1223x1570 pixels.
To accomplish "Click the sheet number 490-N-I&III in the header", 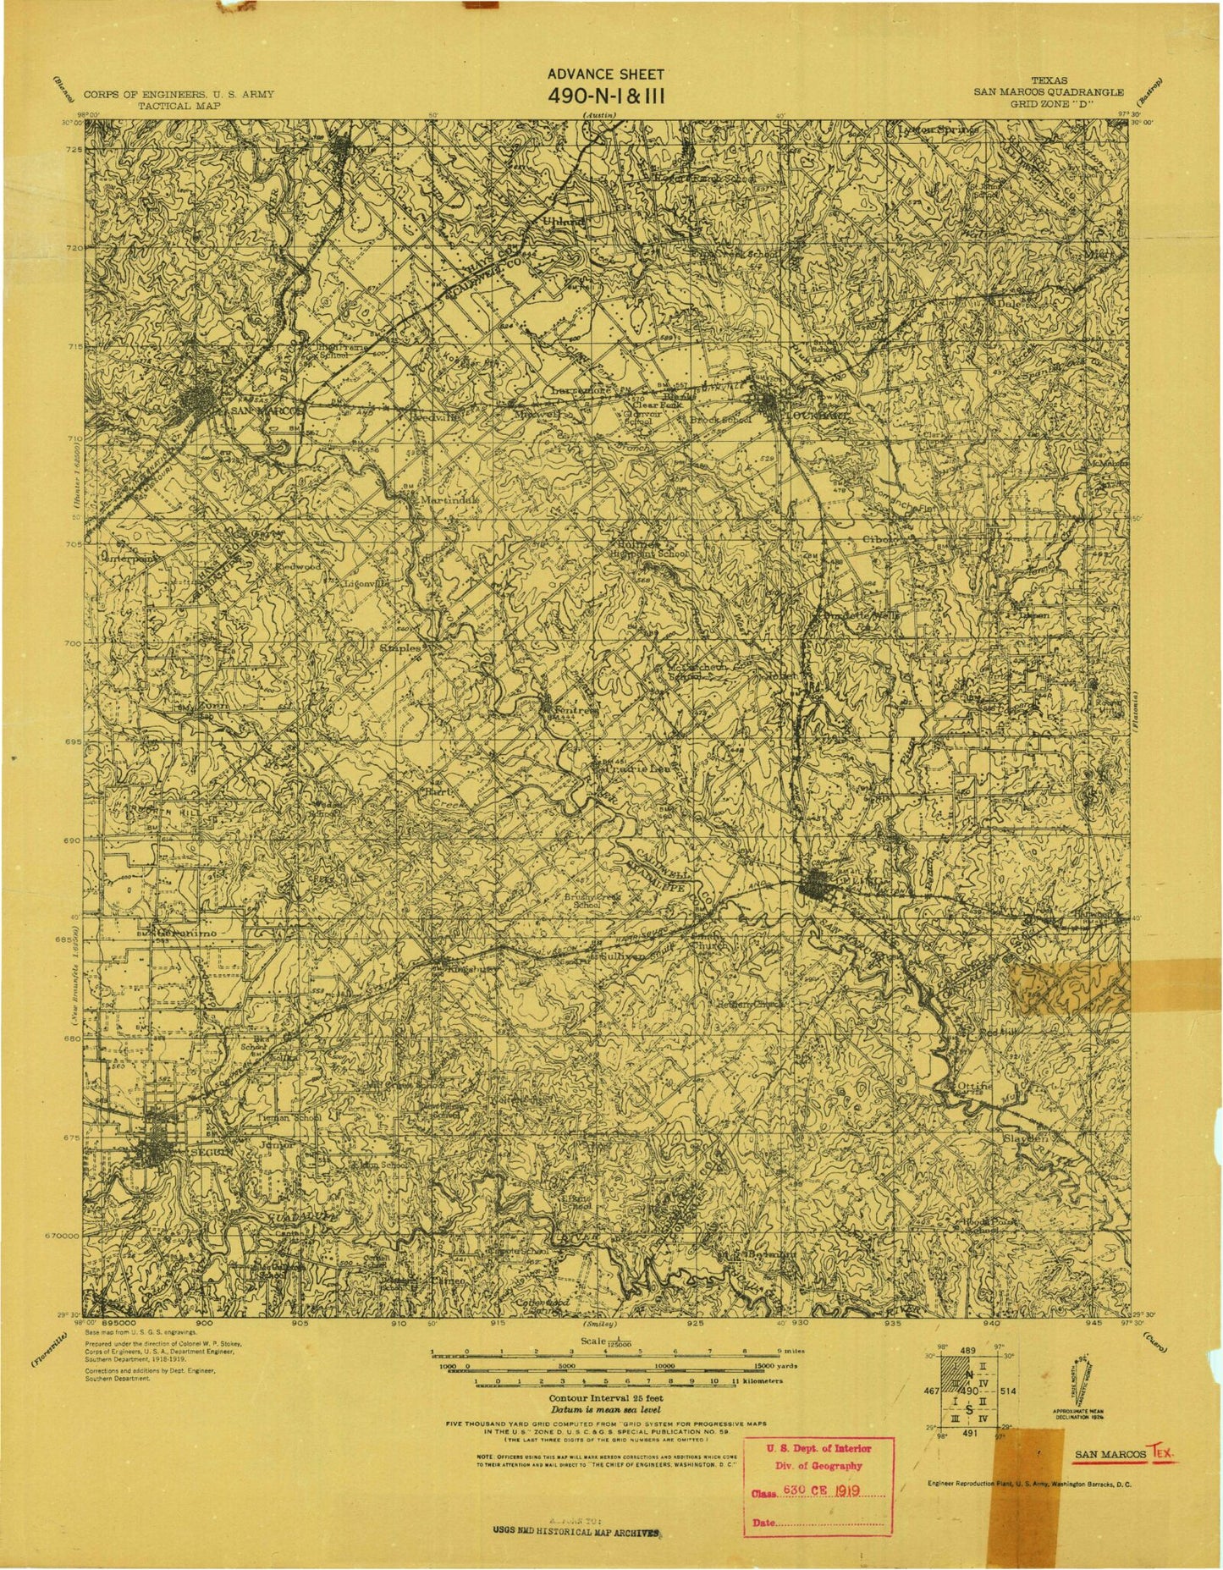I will pos(607,95).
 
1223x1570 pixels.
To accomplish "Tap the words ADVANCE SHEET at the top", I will pos(607,74).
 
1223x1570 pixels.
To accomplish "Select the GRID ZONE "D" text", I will pos(1048,105).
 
